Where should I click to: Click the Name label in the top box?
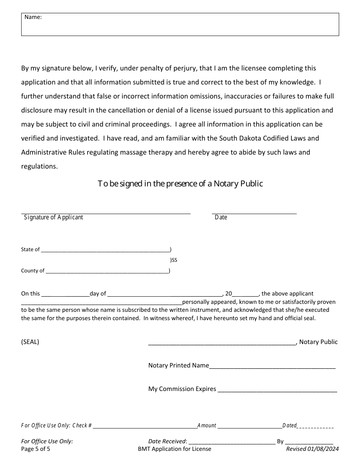pyautogui.click(x=33, y=17)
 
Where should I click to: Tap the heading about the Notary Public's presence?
pyautogui.click(x=180, y=184)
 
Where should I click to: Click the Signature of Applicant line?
pyautogui.click(x=106, y=212)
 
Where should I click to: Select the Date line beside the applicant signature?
pyautogui.click(x=254, y=212)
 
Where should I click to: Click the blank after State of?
pyautogui.click(x=105, y=250)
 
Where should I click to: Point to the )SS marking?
pyautogui.click(x=174, y=260)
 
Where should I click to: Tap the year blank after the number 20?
pyautogui.click(x=245, y=294)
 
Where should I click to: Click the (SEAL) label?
pyautogui.click(x=30, y=342)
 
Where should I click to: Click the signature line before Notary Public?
pyautogui.click(x=222, y=343)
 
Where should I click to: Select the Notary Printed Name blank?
pyautogui.click(x=272, y=366)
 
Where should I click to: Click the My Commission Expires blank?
pyautogui.click(x=277, y=390)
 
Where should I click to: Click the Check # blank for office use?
pyautogui.click(x=145, y=427)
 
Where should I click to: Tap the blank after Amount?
pyautogui.click(x=250, y=427)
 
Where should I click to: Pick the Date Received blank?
pyautogui.click(x=232, y=442)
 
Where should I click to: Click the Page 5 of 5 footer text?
pyautogui.click(x=36, y=449)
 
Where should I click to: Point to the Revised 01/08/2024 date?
pyautogui.click(x=312, y=449)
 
